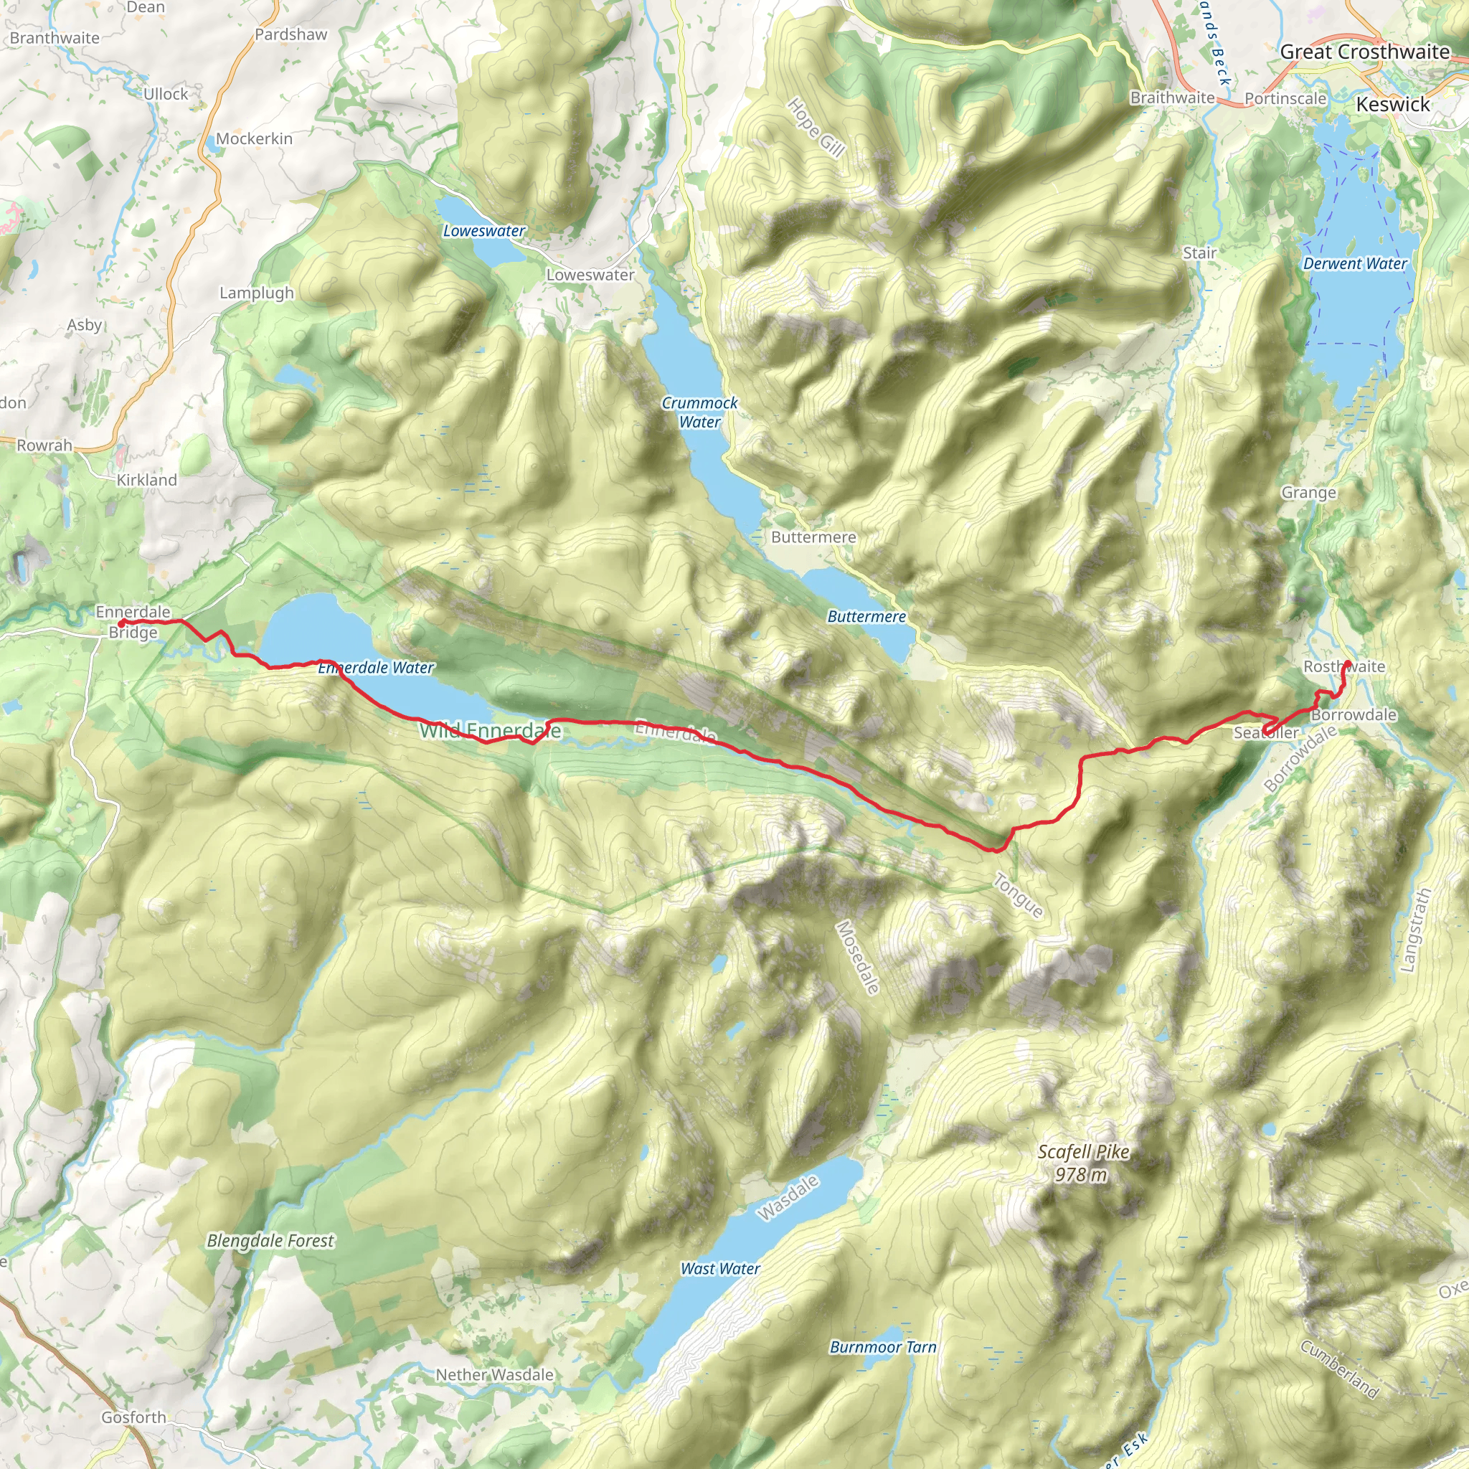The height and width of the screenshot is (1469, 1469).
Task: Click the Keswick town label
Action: pos(1393,104)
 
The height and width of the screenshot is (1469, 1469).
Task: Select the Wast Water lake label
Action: pos(720,1268)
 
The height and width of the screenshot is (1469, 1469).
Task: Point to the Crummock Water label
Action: pos(699,412)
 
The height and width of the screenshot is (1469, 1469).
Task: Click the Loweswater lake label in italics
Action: pos(483,230)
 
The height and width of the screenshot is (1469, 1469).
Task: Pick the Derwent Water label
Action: pos(1355,263)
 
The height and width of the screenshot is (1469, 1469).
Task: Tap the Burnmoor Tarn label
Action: pos(883,1346)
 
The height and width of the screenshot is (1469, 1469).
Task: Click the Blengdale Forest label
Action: pos(270,1240)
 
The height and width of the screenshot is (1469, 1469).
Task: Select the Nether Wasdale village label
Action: pos(494,1374)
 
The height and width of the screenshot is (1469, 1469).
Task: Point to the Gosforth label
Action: pos(134,1417)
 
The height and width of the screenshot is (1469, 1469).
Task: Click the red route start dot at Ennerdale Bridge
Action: pos(122,623)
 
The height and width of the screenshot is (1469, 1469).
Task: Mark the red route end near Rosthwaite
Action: pos(1346,663)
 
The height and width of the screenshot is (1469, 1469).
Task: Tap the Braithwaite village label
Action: pos(1172,98)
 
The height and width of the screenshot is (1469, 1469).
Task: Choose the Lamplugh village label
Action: pos(256,293)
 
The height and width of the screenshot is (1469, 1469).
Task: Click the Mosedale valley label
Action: pos(858,958)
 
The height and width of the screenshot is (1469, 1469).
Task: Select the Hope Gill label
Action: pos(816,127)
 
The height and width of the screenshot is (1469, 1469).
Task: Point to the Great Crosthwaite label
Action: pos(1365,52)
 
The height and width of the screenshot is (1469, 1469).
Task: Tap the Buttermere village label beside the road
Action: pos(813,537)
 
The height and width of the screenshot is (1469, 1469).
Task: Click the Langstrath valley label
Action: pos(1415,929)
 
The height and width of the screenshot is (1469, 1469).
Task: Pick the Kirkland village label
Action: pos(146,480)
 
